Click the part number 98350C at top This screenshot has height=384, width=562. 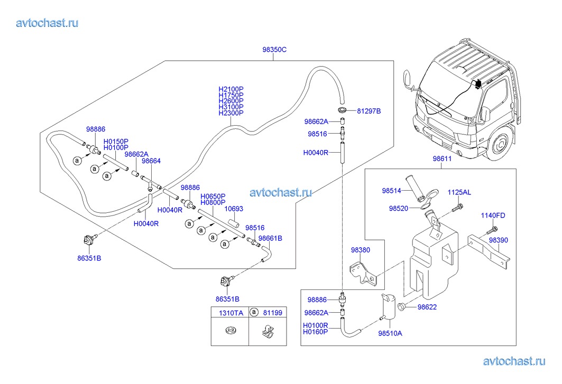point(274,50)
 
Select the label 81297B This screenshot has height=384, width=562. point(368,111)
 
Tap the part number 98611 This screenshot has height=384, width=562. point(442,158)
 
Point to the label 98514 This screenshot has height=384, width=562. point(392,190)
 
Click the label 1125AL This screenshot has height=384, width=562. point(459,192)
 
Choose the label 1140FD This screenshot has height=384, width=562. point(493,216)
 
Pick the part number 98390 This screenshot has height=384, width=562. point(498,240)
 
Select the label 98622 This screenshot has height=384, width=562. point(427,307)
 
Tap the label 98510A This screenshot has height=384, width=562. point(390,333)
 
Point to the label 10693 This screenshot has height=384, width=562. point(233,209)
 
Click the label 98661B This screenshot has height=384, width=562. point(270,238)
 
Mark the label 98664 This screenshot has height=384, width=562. point(151,161)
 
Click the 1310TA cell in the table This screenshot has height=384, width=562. point(231,313)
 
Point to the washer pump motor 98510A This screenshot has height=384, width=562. point(390,306)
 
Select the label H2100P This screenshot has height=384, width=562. point(231,89)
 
